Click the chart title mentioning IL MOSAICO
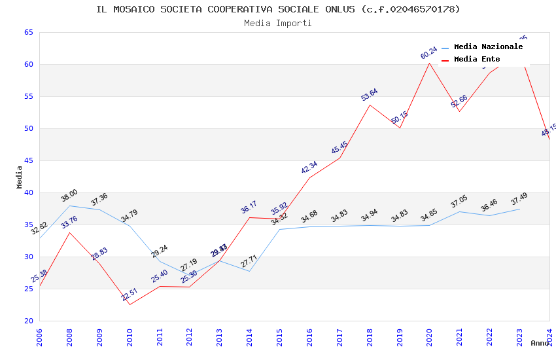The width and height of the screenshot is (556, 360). click(x=278, y=9)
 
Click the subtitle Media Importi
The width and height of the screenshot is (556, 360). click(x=278, y=23)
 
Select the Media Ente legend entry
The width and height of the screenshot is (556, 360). click(x=477, y=60)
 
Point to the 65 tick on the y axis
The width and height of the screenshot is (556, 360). click(x=29, y=32)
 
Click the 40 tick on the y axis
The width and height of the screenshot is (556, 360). click(x=29, y=192)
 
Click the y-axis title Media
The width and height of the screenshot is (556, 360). click(x=20, y=177)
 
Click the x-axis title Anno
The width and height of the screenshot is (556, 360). click(x=540, y=343)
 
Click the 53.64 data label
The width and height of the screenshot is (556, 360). click(x=370, y=95)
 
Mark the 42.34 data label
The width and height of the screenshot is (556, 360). click(x=309, y=168)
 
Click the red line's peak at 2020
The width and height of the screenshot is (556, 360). click(x=429, y=63)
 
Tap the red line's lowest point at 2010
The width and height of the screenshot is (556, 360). click(x=130, y=304)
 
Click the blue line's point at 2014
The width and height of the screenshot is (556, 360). click(x=249, y=271)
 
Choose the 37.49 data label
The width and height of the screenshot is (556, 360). click(x=519, y=198)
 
